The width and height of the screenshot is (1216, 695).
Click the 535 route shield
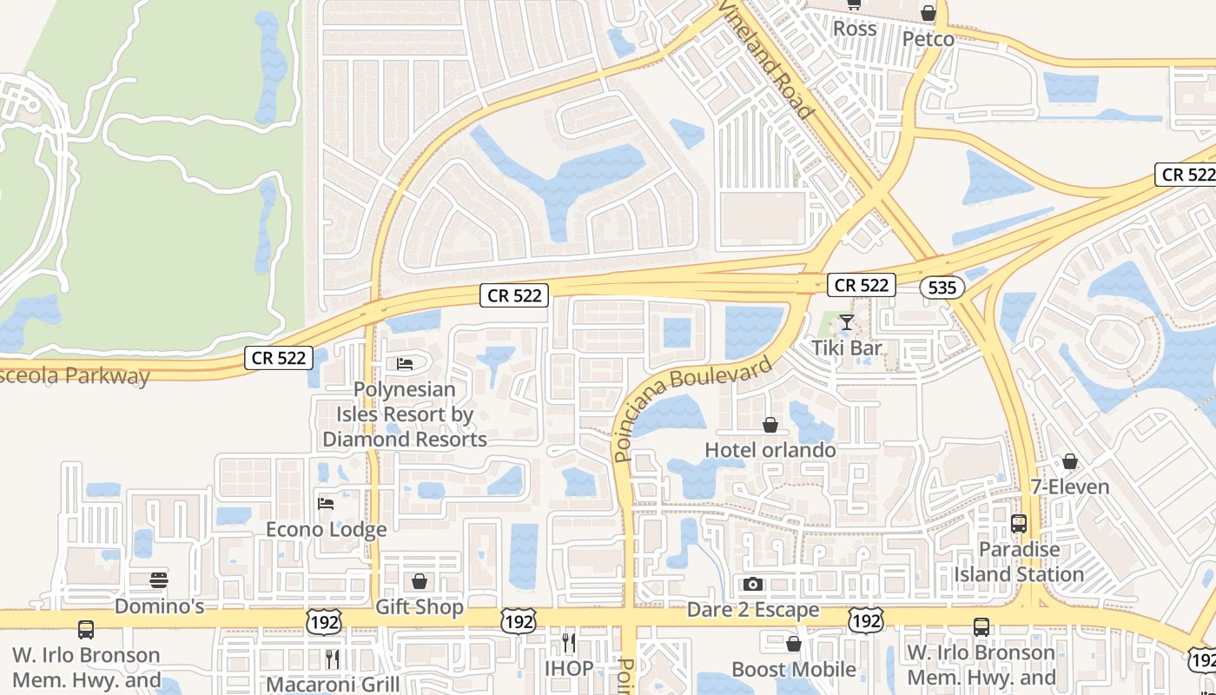pos(942,288)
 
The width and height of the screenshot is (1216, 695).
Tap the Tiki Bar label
pos(846,348)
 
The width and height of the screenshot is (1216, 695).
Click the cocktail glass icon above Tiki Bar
pos(846,323)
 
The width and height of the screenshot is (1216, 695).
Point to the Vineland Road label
pos(766,60)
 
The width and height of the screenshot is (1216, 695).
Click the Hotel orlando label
pos(770,450)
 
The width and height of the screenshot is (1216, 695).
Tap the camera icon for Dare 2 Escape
pos(752,584)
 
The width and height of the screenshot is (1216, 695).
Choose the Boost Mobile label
pos(794,670)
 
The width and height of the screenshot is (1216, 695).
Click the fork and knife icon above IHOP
pos(569,643)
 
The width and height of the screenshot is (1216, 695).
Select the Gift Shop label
pos(420,607)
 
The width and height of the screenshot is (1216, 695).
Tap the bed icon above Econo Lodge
pos(326,504)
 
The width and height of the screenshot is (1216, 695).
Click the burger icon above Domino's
pos(159,580)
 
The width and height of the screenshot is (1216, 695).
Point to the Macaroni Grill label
pos(333,685)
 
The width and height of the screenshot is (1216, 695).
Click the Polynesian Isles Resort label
pos(405,414)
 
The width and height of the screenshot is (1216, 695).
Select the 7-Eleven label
pos(1070,486)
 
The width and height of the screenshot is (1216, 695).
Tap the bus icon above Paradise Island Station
pos(1019,525)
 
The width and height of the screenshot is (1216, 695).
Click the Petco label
pos(928,39)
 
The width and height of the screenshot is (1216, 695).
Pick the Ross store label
pos(855,29)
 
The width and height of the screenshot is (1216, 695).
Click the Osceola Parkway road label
pos(75,377)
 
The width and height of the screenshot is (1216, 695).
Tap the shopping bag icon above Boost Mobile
pos(793,644)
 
